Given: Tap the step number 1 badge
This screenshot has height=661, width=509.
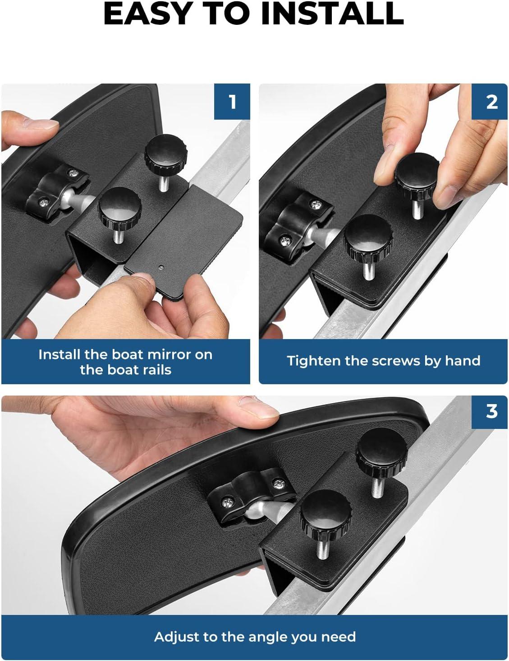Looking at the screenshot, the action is pyautogui.click(x=232, y=102).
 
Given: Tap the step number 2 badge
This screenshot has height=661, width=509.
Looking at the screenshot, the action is pyautogui.click(x=489, y=102).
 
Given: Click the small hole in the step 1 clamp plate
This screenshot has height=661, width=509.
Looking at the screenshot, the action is pyautogui.click(x=161, y=267).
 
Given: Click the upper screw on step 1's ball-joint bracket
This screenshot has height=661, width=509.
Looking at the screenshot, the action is pyautogui.click(x=73, y=173).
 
